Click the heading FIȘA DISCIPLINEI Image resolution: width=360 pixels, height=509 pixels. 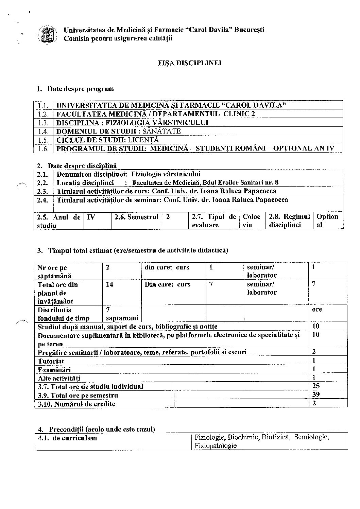pyautogui.click(x=190, y=63)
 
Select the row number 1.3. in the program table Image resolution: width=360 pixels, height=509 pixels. pyautogui.click(x=43, y=123)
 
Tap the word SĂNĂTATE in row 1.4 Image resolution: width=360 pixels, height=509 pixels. pyautogui.click(x=161, y=131)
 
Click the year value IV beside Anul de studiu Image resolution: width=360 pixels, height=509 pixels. pyautogui.click(x=91, y=217)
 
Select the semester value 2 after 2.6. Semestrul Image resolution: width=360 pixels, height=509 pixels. pyautogui.click(x=168, y=217)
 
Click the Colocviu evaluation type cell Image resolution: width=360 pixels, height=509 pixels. pyautogui.click(x=252, y=221)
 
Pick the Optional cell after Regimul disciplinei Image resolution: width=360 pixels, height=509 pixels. pyautogui.click(x=327, y=221)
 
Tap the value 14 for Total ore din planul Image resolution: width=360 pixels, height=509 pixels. pyautogui.click(x=109, y=284)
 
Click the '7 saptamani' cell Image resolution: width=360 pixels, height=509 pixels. pyautogui.click(x=122, y=314)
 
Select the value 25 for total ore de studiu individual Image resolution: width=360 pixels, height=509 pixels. pyautogui.click(x=316, y=386)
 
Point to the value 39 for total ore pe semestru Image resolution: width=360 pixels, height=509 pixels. pyautogui.click(x=316, y=394)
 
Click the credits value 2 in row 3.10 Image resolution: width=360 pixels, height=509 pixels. pyautogui.click(x=314, y=403)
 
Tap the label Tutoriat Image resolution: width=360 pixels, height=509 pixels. pyautogui.click(x=51, y=361)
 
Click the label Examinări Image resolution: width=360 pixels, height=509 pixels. pyautogui.click(x=54, y=369)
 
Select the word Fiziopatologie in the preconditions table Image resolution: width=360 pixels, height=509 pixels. pyautogui.click(x=216, y=445)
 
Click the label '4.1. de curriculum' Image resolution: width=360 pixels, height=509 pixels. pyautogui.click(x=68, y=438)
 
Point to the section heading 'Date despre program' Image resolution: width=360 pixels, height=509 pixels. pyautogui.click(x=81, y=89)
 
